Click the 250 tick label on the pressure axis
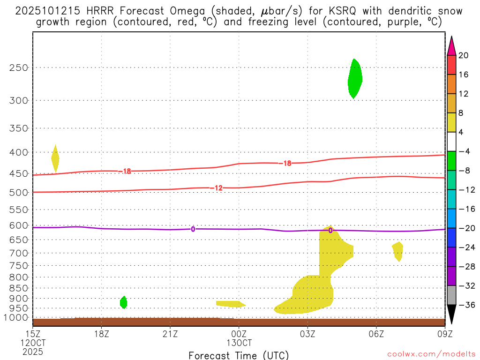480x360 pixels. tap(19, 67)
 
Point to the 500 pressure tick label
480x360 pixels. tap(19, 192)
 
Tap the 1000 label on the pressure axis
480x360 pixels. tap(17, 318)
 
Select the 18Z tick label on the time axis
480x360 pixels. tap(101, 334)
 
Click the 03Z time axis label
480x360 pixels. tap(307, 334)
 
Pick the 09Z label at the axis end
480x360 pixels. tap(444, 334)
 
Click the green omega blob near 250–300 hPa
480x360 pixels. tap(355, 79)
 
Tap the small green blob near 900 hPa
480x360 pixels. tap(123, 302)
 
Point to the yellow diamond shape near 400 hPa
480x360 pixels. tap(55, 158)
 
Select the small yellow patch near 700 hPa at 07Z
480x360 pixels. tap(398, 251)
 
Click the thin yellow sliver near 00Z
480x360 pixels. tap(230, 304)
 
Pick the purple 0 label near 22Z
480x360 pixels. tap(193, 229)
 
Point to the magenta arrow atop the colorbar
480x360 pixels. tap(451, 45)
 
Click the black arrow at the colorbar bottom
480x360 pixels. tap(451, 315)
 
